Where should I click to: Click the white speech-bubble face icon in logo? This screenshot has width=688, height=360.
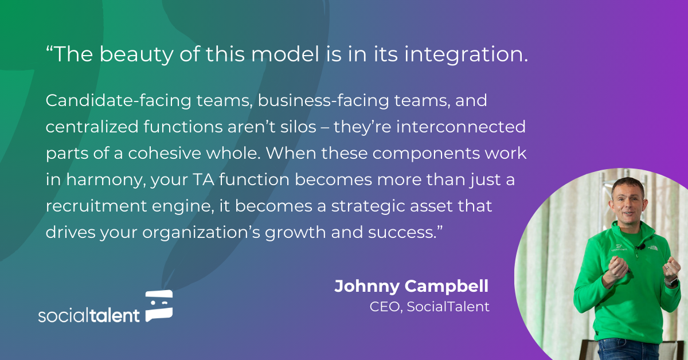[x=159, y=305]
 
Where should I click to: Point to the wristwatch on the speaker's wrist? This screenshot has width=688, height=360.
[x=671, y=281]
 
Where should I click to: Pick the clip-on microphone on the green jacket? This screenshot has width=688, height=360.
[x=641, y=247]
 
